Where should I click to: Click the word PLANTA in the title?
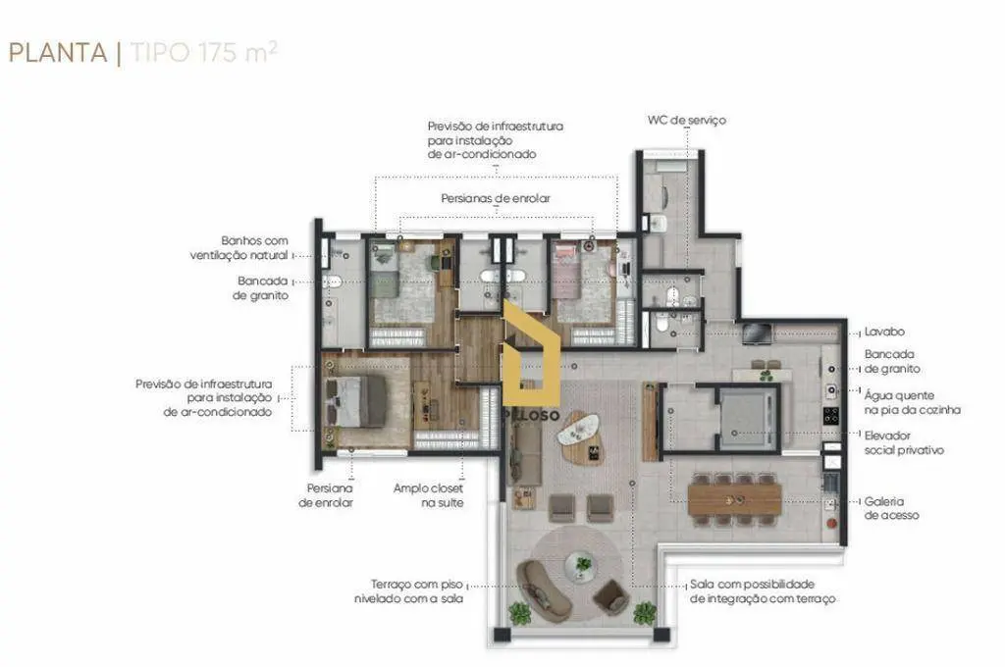tap(58, 53)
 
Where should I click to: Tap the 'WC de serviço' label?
tap(686, 120)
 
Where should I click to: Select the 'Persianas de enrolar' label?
tap(496, 198)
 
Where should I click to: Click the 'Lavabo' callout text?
tap(884, 332)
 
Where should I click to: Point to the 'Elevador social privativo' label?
tap(904, 442)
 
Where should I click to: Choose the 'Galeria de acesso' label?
tap(891, 508)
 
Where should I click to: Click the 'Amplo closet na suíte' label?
tap(428, 495)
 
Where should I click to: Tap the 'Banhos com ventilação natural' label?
tap(239, 248)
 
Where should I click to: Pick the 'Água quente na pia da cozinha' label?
tap(912, 402)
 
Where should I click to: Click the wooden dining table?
tap(734, 499)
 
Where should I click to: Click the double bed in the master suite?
tap(355, 402)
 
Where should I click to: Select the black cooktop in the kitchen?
tap(830, 415)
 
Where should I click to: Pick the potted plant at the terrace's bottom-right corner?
tap(644, 613)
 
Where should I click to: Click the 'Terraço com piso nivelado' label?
tap(408, 591)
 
